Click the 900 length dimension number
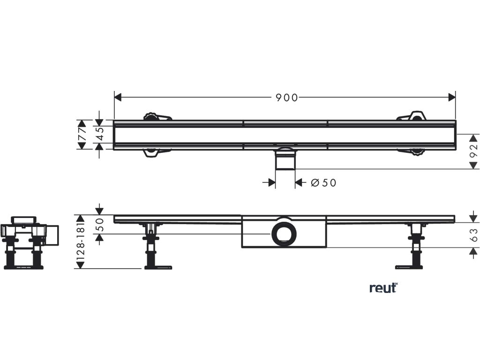[x=286, y=97]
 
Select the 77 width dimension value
[x=82, y=135]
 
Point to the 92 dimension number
[x=473, y=151]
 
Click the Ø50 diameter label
[x=324, y=183]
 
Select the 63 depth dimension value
[x=473, y=234]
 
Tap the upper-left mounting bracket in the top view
[x=157, y=116]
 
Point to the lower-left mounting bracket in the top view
[x=156, y=152]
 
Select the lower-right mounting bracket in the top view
[x=412, y=151]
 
